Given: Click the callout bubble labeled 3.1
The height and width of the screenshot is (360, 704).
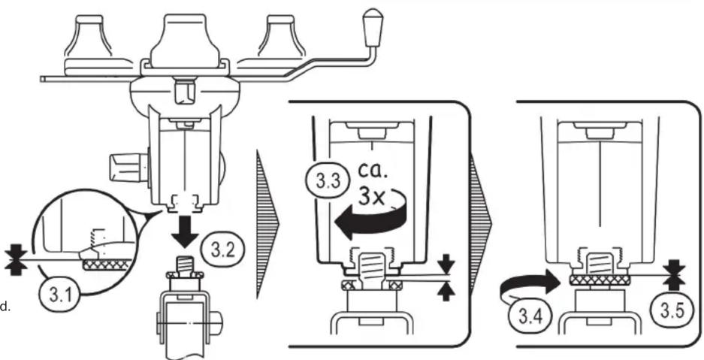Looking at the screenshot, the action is (x=59, y=296).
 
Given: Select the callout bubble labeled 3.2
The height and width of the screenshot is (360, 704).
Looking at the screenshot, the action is (x=221, y=250).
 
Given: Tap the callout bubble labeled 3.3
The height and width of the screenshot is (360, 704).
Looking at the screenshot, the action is (x=328, y=181).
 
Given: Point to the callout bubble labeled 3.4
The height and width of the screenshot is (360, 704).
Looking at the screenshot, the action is (x=530, y=317).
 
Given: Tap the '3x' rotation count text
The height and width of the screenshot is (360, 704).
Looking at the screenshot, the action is (x=372, y=197).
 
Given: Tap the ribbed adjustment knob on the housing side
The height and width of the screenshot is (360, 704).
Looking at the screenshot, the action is (x=128, y=168).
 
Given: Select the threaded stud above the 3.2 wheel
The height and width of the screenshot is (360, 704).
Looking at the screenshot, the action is (x=185, y=264).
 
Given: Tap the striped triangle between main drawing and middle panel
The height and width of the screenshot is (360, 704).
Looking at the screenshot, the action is (x=267, y=224).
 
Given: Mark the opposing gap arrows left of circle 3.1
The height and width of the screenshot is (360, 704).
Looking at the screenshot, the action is (x=17, y=259).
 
